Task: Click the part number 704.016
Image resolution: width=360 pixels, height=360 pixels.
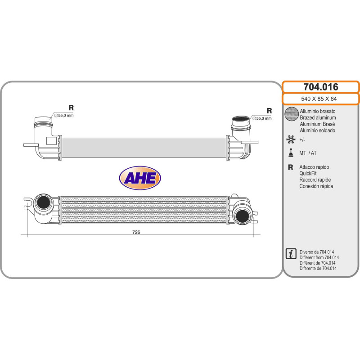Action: (x=320, y=87)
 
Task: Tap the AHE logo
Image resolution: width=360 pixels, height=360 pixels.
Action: (x=140, y=179)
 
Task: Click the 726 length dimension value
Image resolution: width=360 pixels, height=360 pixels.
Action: (x=136, y=232)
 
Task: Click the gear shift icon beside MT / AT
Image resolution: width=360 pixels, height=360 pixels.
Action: (x=291, y=153)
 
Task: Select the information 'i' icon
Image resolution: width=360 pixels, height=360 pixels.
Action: (x=291, y=253)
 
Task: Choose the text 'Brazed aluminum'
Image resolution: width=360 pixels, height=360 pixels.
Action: (x=318, y=117)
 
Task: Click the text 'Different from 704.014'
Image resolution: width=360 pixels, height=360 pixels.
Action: (x=319, y=257)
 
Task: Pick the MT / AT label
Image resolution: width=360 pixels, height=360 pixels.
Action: (x=308, y=153)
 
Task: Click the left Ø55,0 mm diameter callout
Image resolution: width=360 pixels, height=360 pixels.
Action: (x=63, y=116)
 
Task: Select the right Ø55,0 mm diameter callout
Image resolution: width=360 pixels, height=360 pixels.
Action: (x=261, y=118)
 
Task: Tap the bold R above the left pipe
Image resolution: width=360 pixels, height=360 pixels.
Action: (x=71, y=108)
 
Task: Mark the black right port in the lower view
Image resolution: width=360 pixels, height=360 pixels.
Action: (x=243, y=215)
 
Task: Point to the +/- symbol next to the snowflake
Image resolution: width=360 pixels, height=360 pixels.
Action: (x=303, y=140)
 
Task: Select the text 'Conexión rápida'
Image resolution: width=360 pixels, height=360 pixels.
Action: (x=316, y=186)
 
